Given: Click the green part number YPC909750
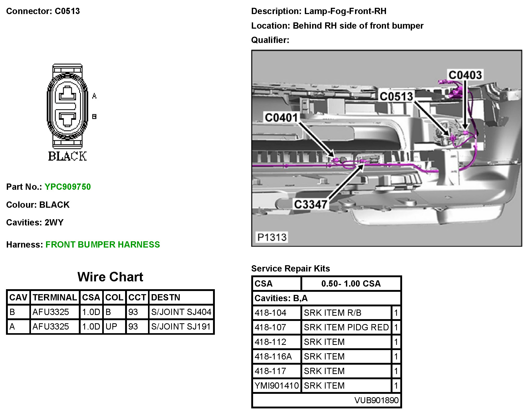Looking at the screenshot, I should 68,187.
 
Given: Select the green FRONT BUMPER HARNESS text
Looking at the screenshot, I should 102,244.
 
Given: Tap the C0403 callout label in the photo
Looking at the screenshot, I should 465,75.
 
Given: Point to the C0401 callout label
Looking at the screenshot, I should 281,118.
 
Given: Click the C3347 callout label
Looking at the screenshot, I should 310,204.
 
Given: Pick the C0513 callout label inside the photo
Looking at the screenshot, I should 396,97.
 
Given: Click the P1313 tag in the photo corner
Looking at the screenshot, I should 272,237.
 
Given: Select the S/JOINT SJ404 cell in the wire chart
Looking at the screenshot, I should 181,312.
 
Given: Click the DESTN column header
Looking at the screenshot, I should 165,297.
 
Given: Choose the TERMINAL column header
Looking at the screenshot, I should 55,297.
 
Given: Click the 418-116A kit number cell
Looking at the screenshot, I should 273,356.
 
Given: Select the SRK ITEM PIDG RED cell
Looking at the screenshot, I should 346,327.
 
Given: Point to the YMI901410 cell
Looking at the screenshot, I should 277,385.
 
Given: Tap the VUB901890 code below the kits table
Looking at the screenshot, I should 376,400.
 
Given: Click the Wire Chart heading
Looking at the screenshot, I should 110,277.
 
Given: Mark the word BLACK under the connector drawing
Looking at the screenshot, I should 67,156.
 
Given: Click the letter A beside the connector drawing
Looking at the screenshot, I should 94,96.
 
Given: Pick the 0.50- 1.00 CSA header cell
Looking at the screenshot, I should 351,283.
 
